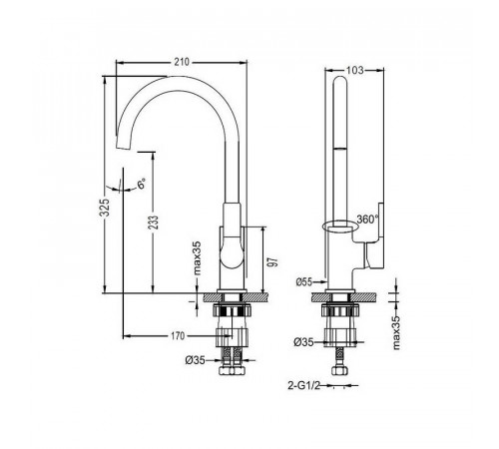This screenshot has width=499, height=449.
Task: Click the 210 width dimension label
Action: (x=182, y=62)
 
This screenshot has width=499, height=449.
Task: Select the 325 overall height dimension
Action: (x=105, y=208)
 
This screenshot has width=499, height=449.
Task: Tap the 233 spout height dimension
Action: (x=154, y=223)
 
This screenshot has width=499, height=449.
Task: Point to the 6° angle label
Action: (x=142, y=184)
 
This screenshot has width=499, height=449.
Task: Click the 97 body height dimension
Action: (x=273, y=262)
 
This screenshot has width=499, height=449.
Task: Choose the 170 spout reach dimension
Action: (x=178, y=336)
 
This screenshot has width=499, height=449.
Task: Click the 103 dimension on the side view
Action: (x=354, y=70)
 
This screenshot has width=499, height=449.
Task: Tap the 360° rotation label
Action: (x=368, y=220)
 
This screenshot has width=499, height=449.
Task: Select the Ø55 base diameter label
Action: (x=304, y=282)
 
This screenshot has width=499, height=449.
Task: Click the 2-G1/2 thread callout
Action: (x=303, y=386)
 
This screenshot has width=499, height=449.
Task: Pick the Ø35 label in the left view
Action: (x=195, y=360)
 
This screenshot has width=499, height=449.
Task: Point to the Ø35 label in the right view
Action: (x=303, y=342)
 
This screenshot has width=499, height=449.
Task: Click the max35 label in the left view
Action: (x=198, y=258)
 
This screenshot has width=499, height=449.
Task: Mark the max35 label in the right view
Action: (x=396, y=332)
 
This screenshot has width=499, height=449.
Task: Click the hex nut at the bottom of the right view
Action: (x=339, y=370)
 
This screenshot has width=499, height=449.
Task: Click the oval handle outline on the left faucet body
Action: (x=232, y=252)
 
